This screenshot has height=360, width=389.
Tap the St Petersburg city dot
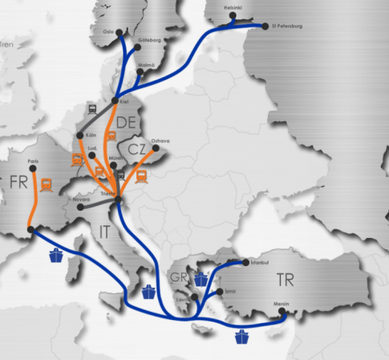pyautogui.click(x=267, y=26)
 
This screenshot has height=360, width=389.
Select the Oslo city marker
pyautogui.click(x=120, y=33)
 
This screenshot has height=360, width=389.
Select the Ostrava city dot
pyautogui.click(x=155, y=148)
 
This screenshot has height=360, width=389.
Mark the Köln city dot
pyautogui.click(x=79, y=136)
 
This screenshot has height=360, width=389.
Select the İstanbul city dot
pyautogui.click(x=245, y=262)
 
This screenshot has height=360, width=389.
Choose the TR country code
pyautogui.click(x=286, y=281)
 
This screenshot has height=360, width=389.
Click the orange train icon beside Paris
pyautogui.click(x=47, y=183)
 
